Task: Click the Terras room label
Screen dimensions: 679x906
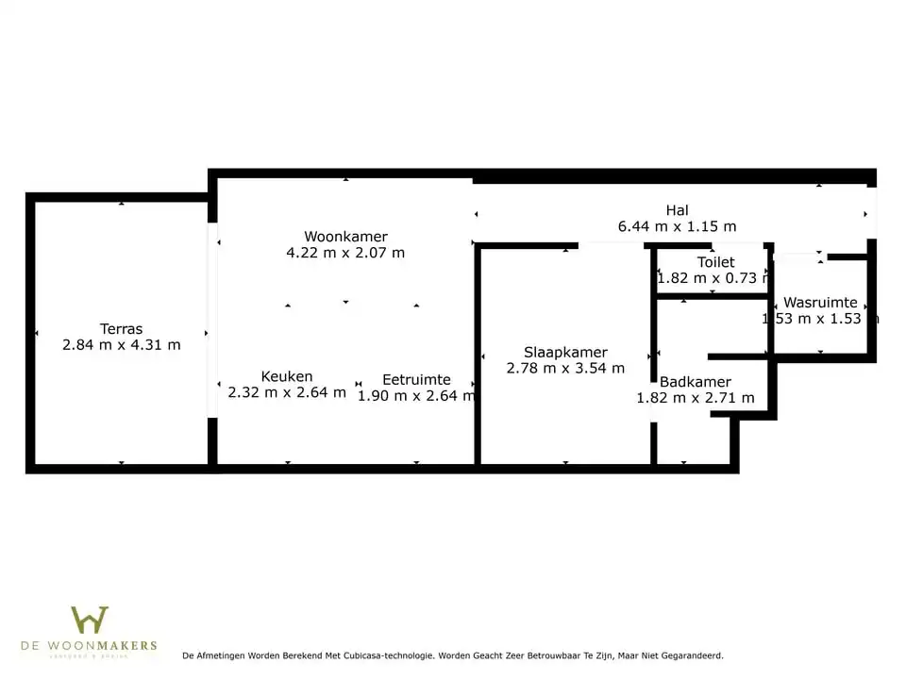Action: tap(121, 329)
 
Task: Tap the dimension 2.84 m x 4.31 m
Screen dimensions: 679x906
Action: tap(121, 345)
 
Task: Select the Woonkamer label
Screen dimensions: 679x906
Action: tap(345, 237)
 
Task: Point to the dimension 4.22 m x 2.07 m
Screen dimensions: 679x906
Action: tap(345, 253)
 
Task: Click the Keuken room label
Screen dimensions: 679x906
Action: tap(287, 376)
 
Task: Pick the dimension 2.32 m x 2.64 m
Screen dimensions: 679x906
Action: tap(287, 392)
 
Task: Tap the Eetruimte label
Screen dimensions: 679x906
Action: tap(416, 380)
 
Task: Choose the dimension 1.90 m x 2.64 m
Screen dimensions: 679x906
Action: tap(416, 396)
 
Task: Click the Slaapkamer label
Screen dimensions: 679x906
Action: tap(565, 352)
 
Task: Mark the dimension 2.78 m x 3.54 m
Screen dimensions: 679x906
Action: tap(565, 368)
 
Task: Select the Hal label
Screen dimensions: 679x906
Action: tap(677, 210)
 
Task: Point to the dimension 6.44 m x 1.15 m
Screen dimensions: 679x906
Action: tap(677, 226)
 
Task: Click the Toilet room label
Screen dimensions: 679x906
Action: tap(715, 262)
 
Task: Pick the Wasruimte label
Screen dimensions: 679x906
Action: tap(820, 303)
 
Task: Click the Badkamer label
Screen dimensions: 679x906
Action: tap(696, 382)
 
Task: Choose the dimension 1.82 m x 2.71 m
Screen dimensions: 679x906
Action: tap(696, 398)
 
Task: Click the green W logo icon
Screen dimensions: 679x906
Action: tap(90, 620)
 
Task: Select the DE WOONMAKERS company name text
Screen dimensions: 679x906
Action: tap(90, 646)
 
